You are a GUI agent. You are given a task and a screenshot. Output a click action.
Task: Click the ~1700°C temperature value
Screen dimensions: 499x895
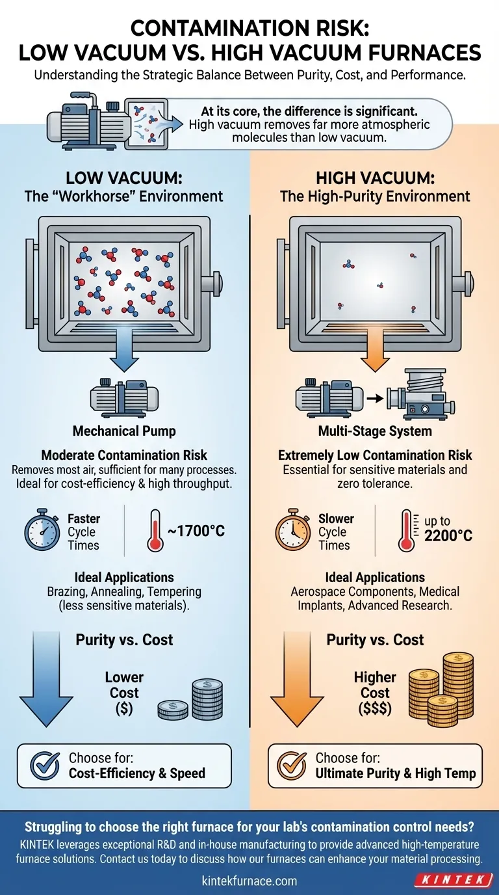point(196,531)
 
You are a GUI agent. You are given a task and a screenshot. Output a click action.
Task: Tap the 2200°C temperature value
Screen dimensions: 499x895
point(448,535)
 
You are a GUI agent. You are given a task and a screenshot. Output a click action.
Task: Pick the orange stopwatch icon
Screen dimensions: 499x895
point(293,530)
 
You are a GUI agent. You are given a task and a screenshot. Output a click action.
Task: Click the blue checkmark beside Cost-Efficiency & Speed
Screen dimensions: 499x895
point(45,765)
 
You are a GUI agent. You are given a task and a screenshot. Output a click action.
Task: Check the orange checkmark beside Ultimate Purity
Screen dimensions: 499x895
point(292,765)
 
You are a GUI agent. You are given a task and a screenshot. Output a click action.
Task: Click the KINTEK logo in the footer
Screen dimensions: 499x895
point(455,879)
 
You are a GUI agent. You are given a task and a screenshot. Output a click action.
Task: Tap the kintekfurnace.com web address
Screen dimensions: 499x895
point(249,880)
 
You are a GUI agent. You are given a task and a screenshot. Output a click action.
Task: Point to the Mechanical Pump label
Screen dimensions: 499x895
point(124,431)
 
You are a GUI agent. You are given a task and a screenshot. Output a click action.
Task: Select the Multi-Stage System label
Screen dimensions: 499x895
point(375,431)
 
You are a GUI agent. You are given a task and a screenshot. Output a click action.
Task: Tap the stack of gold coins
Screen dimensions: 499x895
point(441,689)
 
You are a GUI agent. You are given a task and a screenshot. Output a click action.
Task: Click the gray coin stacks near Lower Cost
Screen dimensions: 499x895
point(190,699)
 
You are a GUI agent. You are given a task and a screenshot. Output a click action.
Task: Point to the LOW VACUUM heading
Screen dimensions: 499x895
point(123,178)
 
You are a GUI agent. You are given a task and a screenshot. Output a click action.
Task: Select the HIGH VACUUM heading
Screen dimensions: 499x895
point(375,178)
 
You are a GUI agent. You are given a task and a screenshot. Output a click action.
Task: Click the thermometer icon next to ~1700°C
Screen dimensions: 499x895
point(154,531)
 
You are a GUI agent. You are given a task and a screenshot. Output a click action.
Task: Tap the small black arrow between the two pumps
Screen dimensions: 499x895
point(375,398)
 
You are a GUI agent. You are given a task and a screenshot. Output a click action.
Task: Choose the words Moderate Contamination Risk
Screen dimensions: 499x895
point(124,455)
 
